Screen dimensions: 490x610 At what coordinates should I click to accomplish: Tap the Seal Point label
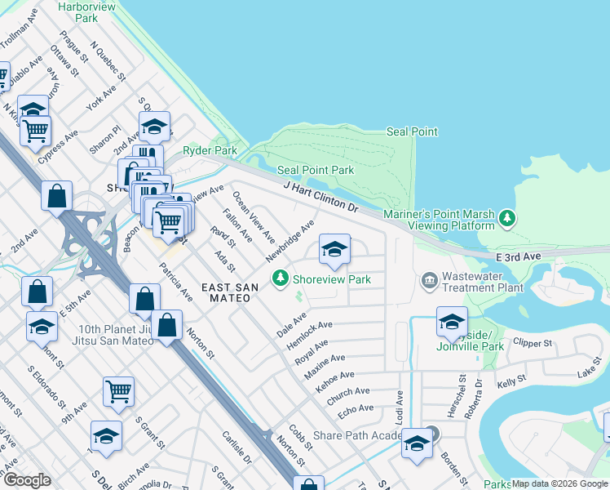pyautogui.click(x=412, y=131)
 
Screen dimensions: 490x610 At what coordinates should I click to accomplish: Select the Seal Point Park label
pyautogui.click(x=316, y=170)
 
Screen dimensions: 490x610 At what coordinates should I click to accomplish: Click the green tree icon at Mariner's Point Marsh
pyautogui.click(x=508, y=217)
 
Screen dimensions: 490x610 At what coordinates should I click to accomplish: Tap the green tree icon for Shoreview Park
pyautogui.click(x=281, y=279)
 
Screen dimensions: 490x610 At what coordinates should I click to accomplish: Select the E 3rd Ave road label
pyautogui.click(x=518, y=256)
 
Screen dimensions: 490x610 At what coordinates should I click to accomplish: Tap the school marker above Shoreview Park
pyautogui.click(x=334, y=251)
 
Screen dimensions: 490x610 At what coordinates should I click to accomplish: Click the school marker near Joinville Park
pyautogui.click(x=451, y=323)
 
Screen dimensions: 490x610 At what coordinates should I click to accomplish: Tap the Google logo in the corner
pyautogui.click(x=27, y=480)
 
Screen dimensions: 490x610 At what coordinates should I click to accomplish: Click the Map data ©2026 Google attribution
pyautogui.click(x=559, y=483)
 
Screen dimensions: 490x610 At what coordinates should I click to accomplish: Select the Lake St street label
pyautogui.click(x=588, y=373)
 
